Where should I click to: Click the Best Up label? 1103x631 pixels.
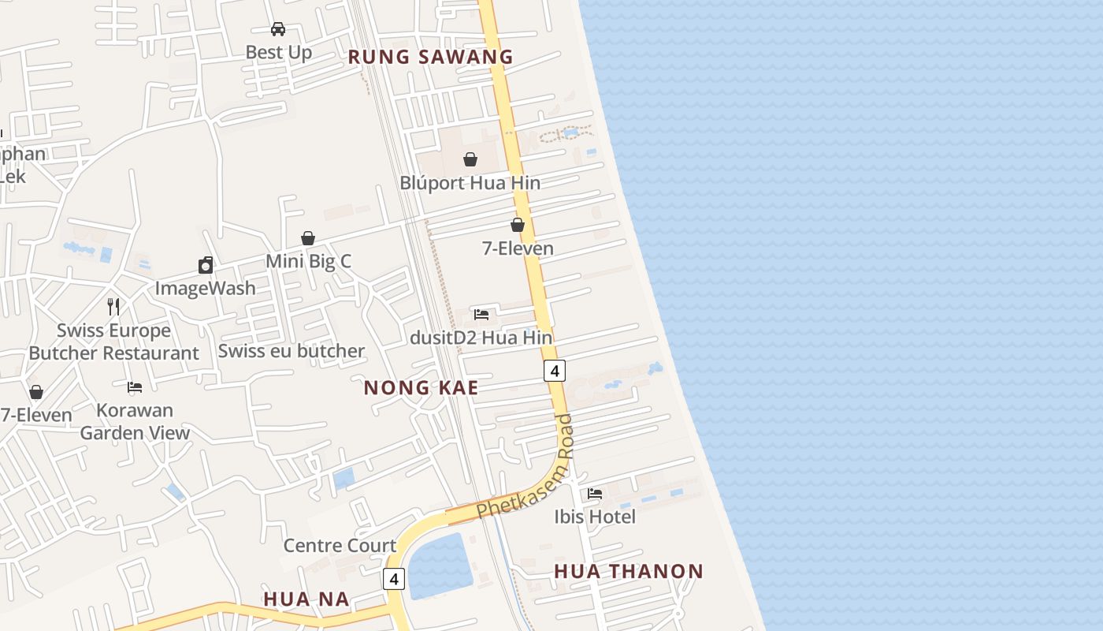[279, 52]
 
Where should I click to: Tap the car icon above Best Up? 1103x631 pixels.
[278, 29]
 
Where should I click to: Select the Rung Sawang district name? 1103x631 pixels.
[430, 57]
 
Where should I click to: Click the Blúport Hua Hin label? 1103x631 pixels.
[470, 183]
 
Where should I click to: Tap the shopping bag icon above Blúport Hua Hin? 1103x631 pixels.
[470, 159]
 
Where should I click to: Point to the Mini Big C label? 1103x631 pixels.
[308, 261]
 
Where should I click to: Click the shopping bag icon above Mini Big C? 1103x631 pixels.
[308, 237]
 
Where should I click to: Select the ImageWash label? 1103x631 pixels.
[205, 288]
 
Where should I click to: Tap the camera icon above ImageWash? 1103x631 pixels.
[206, 265]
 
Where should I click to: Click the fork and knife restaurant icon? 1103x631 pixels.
[113, 306]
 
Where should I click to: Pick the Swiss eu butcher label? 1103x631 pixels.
[292, 351]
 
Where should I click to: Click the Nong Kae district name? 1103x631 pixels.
[422, 388]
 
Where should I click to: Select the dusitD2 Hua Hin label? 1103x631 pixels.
[481, 338]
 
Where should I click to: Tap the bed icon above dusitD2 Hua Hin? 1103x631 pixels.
[481, 314]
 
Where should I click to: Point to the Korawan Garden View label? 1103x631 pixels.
[135, 421]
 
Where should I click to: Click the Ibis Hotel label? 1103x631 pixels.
[595, 517]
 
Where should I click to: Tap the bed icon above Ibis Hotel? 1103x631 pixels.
[595, 494]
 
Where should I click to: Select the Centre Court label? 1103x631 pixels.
[340, 546]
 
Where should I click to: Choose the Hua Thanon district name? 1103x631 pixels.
[629, 571]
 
